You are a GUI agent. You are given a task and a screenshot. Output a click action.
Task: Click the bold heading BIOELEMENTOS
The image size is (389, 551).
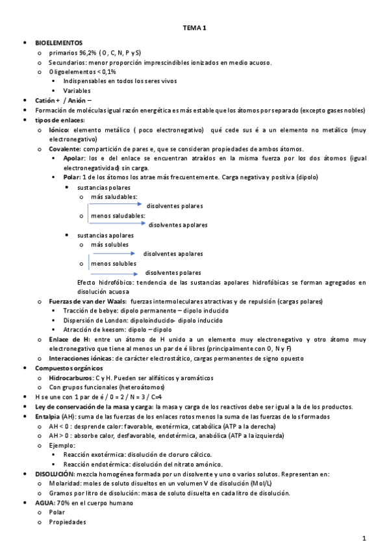[59, 42]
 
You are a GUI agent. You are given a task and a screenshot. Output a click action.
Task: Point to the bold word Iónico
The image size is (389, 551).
[59, 130]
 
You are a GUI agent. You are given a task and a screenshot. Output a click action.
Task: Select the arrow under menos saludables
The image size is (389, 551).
[118, 223]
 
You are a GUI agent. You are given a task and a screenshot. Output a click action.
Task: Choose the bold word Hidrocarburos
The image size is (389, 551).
[71, 378]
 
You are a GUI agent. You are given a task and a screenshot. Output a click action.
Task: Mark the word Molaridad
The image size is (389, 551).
[65, 483]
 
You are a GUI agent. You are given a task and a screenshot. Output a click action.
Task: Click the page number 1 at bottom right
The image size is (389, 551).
[364, 538]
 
